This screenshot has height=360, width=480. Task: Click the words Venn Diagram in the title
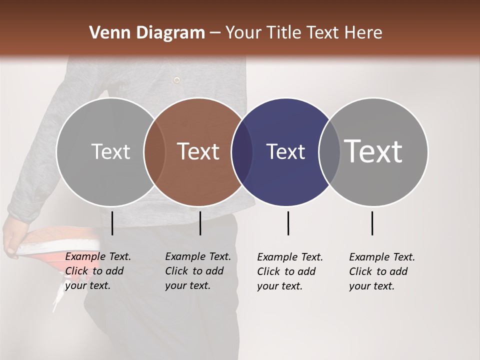pos(147,33)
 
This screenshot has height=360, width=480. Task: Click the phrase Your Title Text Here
pos(303,33)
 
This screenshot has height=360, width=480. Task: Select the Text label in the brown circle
pos(198,151)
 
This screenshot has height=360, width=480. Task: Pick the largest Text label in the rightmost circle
pos(373,151)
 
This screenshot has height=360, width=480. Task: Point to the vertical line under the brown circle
pos(200,223)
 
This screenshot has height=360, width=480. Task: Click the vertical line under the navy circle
pos(288,223)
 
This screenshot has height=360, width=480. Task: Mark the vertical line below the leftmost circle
pos(112,223)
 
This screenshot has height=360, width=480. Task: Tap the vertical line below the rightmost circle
pos(372,223)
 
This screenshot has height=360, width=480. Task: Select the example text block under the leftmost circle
pos(97,271)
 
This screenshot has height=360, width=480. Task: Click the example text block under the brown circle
pos(197,271)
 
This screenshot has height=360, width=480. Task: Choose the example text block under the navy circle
pos(289,271)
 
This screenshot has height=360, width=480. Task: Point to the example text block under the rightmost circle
pos(381,271)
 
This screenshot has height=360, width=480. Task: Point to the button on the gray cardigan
pos(176,79)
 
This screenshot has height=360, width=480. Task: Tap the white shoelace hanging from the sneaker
pos(59,295)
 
